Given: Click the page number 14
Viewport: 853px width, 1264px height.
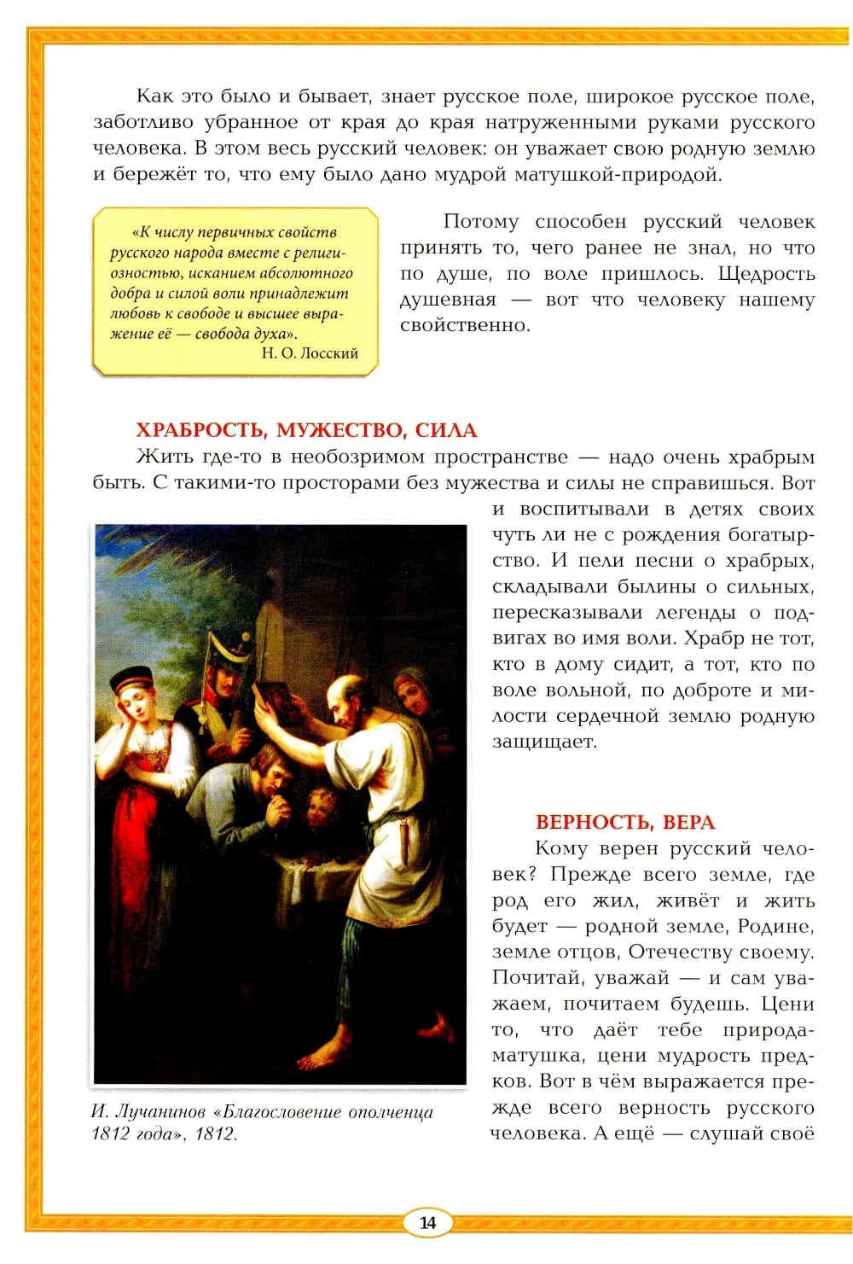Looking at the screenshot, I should pos(427,1222).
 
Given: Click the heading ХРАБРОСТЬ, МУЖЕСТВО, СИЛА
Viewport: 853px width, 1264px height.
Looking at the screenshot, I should pos(306,430).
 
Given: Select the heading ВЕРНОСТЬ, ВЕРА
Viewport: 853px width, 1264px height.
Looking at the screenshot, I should pos(625,822).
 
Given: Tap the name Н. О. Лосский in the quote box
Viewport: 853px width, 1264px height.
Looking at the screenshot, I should pos(310,353).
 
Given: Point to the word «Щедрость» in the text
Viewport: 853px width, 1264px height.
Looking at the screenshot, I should pos(766,274).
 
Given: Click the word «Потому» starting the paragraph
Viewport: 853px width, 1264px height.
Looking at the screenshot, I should pos(480,222).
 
